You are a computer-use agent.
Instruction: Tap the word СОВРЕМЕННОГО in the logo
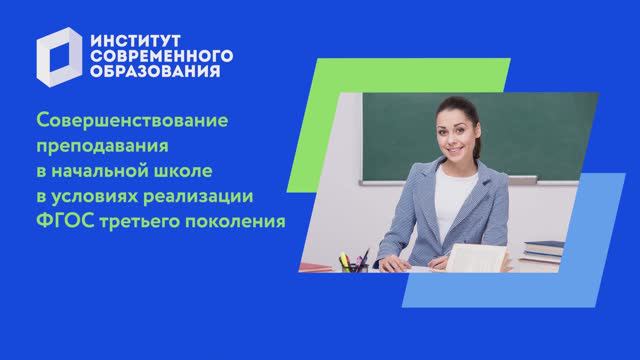[x=161, y=54]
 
